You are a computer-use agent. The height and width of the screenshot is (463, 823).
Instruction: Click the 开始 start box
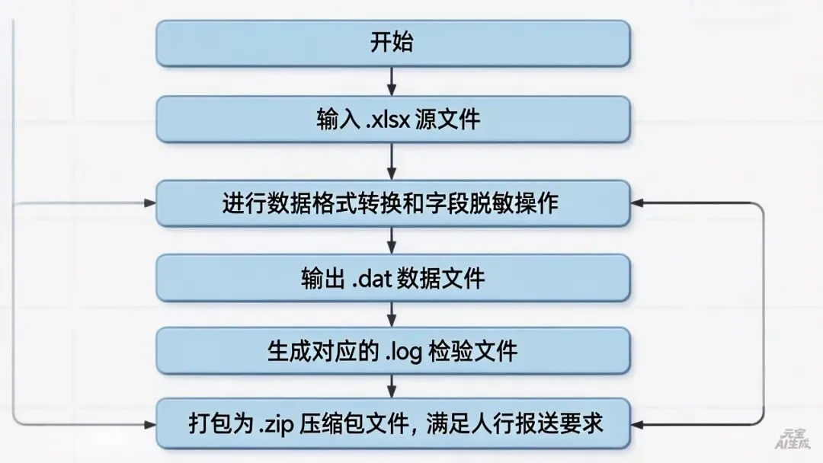392,43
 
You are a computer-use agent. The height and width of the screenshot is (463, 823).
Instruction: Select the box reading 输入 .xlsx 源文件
392,120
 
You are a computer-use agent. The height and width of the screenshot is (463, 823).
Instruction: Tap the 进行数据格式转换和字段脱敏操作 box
392,203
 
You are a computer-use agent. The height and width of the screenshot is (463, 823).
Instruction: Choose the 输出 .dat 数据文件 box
392,277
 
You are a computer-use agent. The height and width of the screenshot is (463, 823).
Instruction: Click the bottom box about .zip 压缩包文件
392,423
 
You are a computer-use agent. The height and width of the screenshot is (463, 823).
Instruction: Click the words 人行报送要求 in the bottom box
557,423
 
